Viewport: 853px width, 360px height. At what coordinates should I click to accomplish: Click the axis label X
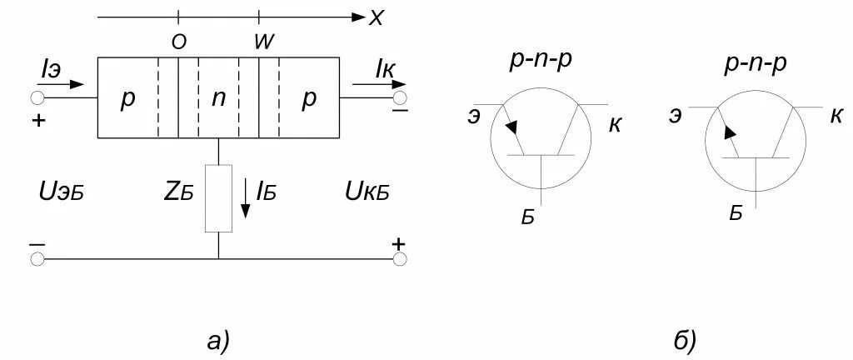[376, 17]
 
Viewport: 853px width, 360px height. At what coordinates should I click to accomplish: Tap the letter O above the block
[178, 43]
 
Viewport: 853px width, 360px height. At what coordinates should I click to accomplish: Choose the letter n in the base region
[218, 97]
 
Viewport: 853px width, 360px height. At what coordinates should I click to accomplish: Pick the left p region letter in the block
[127, 97]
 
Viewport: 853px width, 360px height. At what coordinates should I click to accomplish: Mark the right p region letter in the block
[309, 97]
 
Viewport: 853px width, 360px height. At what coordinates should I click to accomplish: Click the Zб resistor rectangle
[218, 198]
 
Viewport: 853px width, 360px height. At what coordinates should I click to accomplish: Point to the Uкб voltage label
[367, 192]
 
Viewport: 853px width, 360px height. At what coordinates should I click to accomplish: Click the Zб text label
[179, 192]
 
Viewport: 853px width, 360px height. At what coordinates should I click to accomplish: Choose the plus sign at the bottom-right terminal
[399, 243]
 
